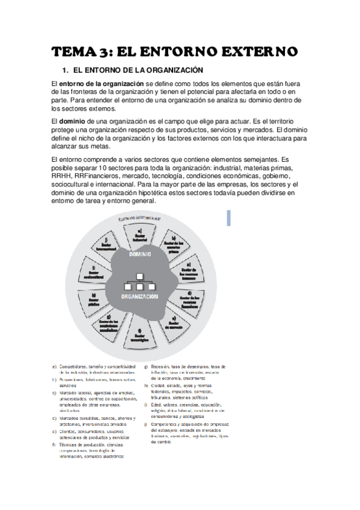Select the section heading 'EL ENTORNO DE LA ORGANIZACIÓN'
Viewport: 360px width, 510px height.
click(138, 70)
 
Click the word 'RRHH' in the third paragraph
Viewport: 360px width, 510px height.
click(63, 168)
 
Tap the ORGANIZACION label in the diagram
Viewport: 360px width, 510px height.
click(139, 297)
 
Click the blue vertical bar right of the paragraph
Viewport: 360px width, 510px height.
click(229, 218)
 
